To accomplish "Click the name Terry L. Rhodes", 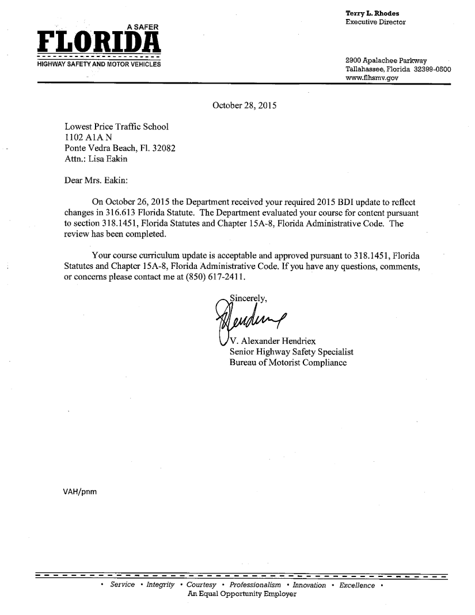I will (372, 13).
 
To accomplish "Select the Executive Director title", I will (375, 22).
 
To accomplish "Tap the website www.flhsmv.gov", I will (372, 78).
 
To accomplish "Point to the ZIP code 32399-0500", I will (432, 69).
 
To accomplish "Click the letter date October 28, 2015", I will (245, 105).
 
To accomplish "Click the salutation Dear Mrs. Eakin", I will (96, 180).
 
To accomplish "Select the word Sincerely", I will (248, 298).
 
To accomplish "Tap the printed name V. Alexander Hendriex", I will (272, 340).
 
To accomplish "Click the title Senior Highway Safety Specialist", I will (291, 351).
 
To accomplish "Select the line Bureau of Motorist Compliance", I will (288, 362).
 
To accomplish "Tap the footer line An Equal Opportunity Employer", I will (242, 594).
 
